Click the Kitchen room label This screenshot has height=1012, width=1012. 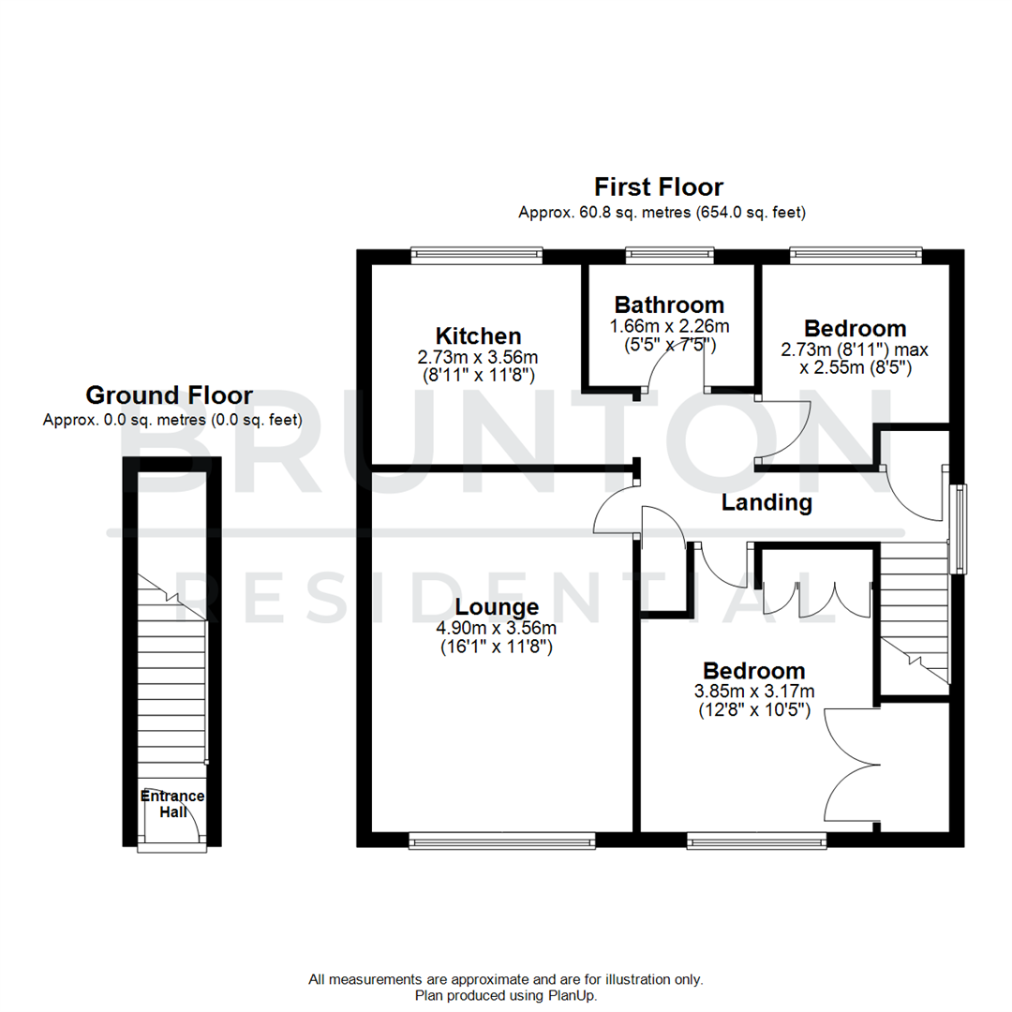coord(478,335)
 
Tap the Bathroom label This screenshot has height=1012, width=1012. coord(669,305)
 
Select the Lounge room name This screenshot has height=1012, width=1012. coord(499,607)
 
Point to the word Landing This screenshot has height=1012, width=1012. coord(766,502)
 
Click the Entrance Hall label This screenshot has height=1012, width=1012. coord(172,804)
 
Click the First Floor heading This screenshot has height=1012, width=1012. coord(662,186)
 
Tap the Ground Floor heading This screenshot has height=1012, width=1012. coord(170,394)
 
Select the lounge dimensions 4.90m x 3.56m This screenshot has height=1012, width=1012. coord(499,628)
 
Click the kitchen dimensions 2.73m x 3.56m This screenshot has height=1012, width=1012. coord(478,357)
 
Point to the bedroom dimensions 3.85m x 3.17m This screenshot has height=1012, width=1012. coord(754,692)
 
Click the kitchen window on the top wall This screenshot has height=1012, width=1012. coord(477,253)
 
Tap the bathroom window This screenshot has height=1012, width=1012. coord(669,253)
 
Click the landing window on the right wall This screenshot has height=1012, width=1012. coord(959,528)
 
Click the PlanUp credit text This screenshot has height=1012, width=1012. coord(506,995)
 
